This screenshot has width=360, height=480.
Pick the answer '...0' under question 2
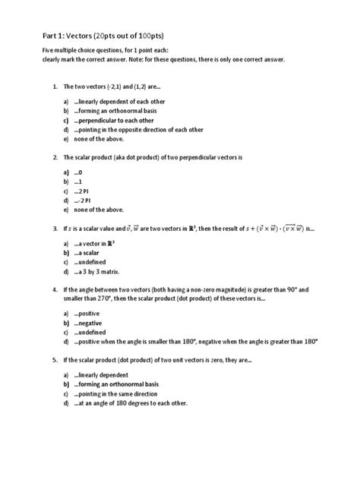78,172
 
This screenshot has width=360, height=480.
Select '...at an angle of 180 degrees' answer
125,403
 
